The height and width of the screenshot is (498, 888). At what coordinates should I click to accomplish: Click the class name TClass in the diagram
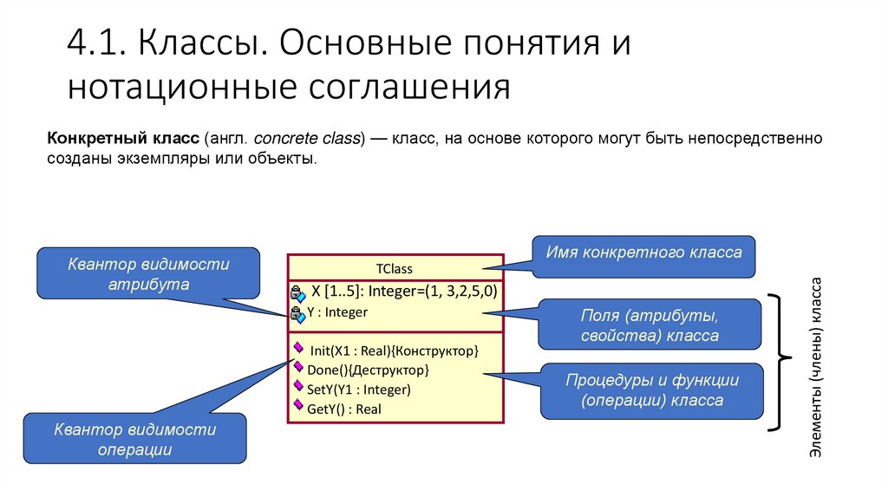click(395, 268)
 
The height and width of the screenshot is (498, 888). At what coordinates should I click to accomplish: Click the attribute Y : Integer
click(337, 312)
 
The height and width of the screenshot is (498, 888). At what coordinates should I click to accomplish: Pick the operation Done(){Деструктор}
click(368, 370)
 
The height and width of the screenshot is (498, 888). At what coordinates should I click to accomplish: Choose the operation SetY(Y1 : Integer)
click(359, 390)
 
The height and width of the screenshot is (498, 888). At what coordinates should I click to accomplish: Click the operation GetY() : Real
click(344, 409)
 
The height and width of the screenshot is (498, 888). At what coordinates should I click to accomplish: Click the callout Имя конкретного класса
click(643, 254)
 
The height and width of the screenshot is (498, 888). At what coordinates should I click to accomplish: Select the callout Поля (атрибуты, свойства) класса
click(650, 324)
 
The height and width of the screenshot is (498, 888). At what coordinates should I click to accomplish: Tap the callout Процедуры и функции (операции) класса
click(651, 390)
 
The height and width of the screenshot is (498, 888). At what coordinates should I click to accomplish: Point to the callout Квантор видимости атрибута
click(148, 274)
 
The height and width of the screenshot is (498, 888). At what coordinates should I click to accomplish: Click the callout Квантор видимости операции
click(134, 439)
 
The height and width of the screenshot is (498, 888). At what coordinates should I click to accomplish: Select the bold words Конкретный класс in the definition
click(123, 139)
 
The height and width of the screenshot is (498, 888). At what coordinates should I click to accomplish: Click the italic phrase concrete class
click(309, 139)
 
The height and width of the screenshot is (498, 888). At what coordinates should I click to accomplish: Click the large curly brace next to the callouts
click(780, 362)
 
